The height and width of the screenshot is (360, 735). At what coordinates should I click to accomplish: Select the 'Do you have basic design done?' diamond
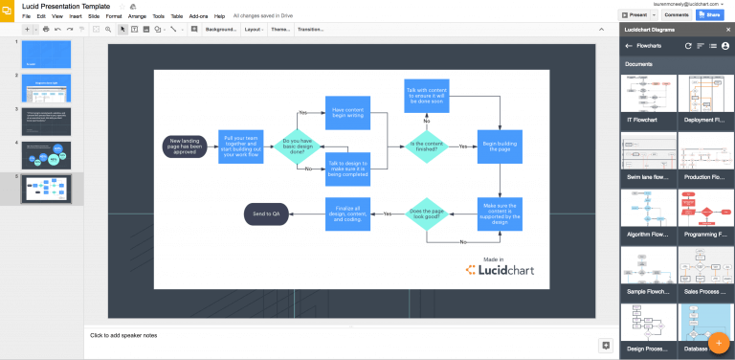[x=297, y=146]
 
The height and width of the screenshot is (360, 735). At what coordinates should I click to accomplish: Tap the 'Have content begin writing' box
[x=347, y=113]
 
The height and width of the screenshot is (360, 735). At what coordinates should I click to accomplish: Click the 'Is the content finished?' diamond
[x=424, y=146]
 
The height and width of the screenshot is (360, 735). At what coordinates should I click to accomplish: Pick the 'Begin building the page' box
[x=501, y=146]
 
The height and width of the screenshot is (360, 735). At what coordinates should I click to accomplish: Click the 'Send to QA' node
[x=267, y=214]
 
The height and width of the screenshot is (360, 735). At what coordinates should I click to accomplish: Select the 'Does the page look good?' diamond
[x=424, y=214]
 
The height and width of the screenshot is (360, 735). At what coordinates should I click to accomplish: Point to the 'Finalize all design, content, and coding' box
[x=347, y=214]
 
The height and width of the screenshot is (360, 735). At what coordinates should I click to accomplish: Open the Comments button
[x=677, y=15]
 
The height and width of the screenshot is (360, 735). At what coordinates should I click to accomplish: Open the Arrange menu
[x=138, y=16]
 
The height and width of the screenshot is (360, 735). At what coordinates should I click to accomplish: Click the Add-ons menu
[x=198, y=16]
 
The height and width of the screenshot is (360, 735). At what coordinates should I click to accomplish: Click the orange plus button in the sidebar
[x=718, y=342]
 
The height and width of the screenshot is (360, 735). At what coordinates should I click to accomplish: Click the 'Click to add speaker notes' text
[x=123, y=335]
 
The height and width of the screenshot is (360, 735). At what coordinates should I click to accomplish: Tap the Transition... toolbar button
[x=311, y=30]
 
